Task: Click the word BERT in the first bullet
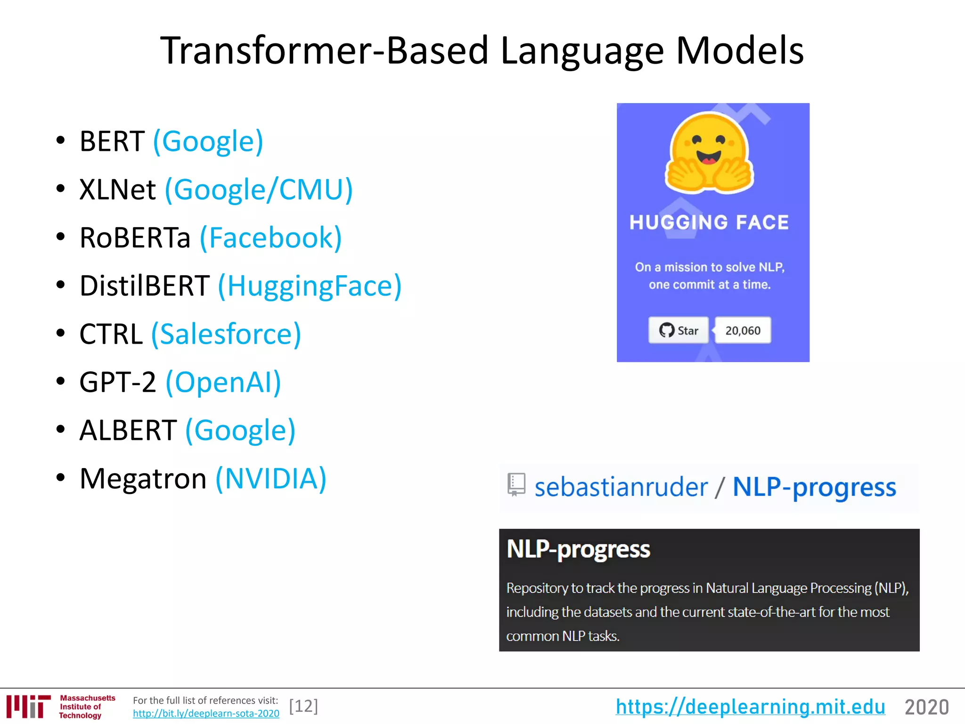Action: (x=112, y=141)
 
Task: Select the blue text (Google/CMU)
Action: (x=259, y=189)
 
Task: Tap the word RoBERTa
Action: (x=135, y=238)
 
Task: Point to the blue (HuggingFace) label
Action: (x=310, y=286)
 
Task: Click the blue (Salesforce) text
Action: (x=226, y=334)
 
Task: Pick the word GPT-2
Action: (x=117, y=382)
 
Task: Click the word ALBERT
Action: (x=128, y=430)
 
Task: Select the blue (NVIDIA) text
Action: (x=271, y=479)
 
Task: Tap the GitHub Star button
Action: (x=679, y=330)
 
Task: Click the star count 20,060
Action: (x=743, y=330)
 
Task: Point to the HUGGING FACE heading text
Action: (x=709, y=222)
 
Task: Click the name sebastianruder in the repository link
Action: (x=621, y=487)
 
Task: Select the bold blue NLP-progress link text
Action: (x=814, y=487)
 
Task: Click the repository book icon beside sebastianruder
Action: (x=516, y=485)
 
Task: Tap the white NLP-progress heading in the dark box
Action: (x=578, y=550)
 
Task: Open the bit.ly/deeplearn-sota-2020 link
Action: (x=206, y=714)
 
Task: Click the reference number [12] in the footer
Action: (x=303, y=706)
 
